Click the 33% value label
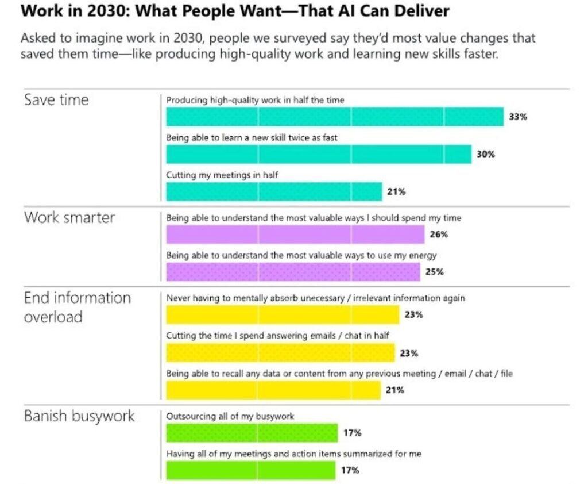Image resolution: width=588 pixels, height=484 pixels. click(517, 117)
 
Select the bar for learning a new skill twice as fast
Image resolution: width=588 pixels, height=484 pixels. click(319, 154)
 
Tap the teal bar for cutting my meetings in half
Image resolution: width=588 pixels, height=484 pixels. click(274, 191)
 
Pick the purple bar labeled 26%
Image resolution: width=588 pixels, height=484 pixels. click(295, 234)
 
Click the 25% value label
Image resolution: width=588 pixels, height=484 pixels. click(434, 272)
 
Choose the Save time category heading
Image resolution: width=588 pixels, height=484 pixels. click(56, 99)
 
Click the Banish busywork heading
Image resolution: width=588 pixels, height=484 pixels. click(79, 416)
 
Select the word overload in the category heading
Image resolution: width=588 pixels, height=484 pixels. click(53, 317)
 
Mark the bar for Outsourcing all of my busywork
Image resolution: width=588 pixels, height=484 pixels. click(252, 433)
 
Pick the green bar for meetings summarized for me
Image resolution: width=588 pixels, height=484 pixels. click(250, 470)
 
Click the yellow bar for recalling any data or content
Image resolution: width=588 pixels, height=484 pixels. click(273, 390)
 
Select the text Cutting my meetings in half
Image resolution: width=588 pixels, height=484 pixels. click(222, 175)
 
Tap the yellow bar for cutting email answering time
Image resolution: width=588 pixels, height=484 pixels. click(280, 352)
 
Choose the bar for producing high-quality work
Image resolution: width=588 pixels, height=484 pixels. click(335, 117)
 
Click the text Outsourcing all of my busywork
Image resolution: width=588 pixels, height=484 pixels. click(230, 416)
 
